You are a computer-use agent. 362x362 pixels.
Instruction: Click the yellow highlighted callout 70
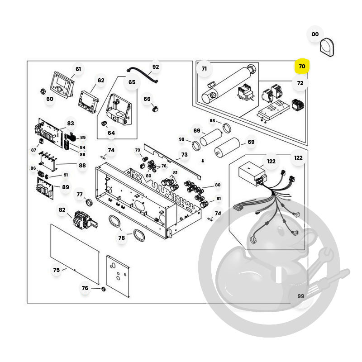302,66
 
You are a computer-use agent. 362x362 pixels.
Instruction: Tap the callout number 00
315,34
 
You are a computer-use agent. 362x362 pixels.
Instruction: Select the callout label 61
78,69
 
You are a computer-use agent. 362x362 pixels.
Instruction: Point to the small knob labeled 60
43,91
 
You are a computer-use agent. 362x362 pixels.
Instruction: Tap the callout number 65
132,82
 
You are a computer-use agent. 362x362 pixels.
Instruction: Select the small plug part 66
155,109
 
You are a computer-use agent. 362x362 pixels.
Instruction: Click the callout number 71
204,69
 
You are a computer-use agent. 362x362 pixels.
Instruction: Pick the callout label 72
300,83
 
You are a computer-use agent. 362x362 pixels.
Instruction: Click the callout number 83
71,124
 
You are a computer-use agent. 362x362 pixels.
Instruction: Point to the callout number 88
82,166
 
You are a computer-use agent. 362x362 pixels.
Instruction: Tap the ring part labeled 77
89,202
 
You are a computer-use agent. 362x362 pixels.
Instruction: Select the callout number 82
62,210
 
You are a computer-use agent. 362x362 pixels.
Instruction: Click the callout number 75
56,270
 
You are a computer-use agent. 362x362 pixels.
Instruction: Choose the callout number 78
121,238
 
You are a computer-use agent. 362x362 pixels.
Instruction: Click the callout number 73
184,155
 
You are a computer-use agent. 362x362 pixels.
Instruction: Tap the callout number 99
300,296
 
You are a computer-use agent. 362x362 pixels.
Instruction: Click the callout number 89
66,187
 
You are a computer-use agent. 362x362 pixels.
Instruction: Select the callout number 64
111,133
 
